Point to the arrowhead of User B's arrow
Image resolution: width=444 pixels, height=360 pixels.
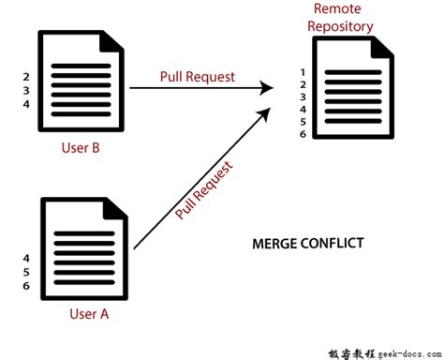[268, 88]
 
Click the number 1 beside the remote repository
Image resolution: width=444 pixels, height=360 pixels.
[301, 71]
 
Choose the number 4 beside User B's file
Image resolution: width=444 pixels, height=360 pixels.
[26, 104]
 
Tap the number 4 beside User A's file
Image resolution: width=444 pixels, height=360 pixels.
[25, 257]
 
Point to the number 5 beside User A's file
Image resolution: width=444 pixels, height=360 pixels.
[25, 272]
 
